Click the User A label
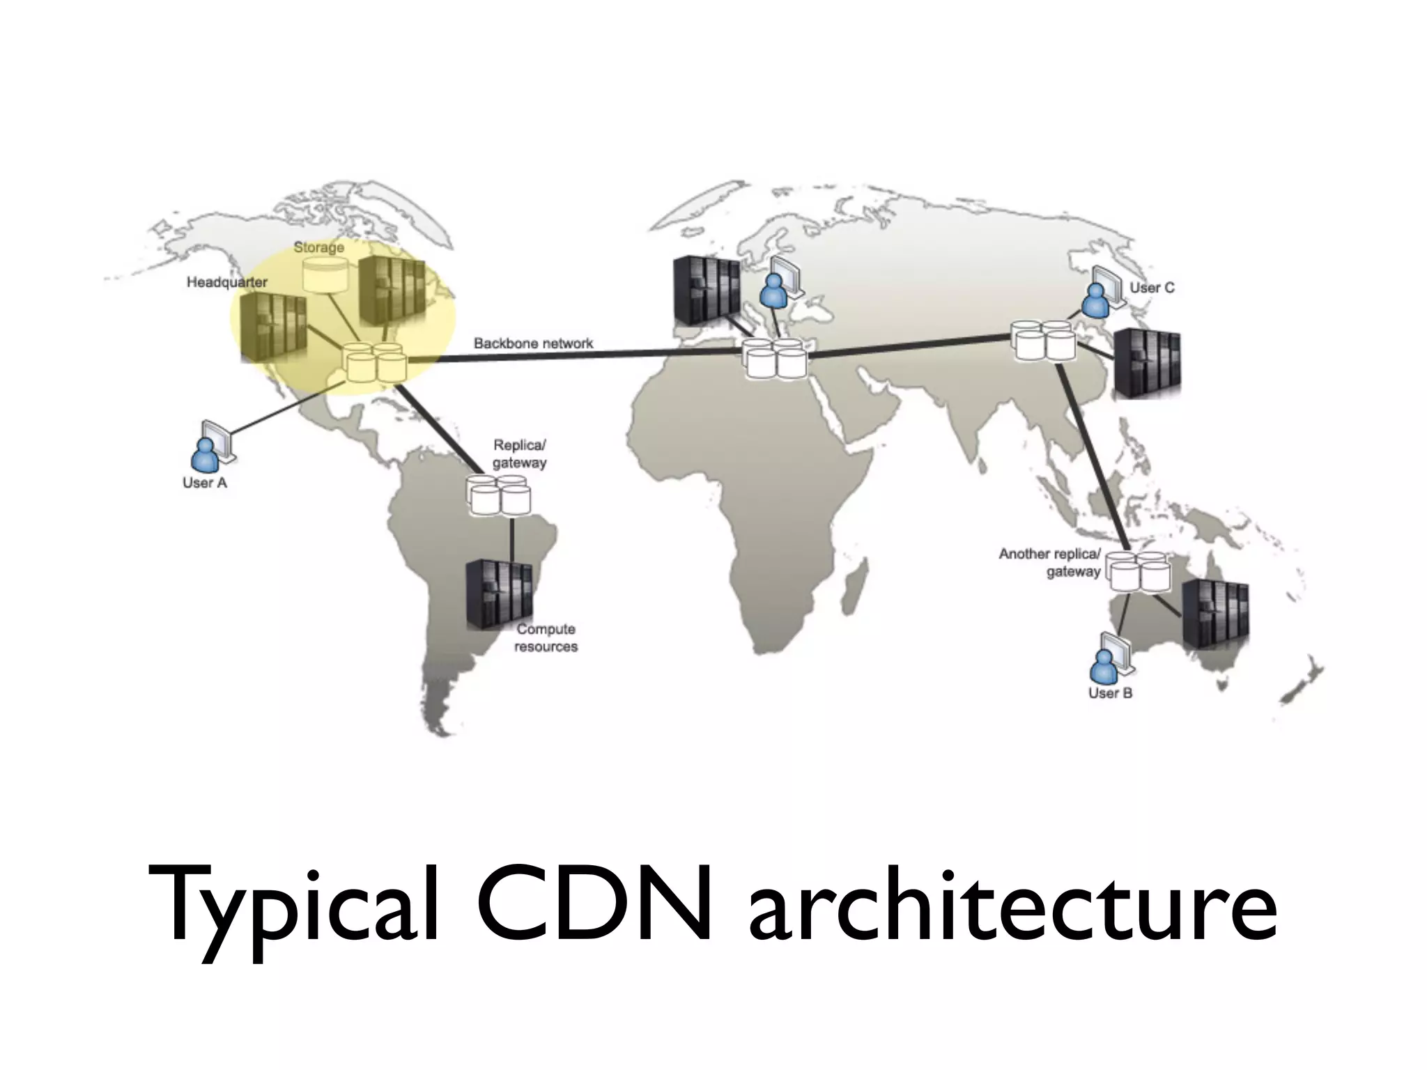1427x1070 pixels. [205, 483]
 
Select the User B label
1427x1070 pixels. [1110, 693]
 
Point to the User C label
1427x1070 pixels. [1152, 287]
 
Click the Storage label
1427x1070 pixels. [318, 247]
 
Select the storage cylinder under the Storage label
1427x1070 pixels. [324, 274]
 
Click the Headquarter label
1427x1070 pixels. [226, 282]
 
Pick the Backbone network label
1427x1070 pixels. [533, 343]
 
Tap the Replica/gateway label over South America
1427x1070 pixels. [520, 453]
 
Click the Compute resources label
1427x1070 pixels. [546, 637]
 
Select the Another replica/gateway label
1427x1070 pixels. [1050, 562]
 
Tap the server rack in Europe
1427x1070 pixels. [706, 290]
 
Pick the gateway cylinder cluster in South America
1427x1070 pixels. [499, 495]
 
